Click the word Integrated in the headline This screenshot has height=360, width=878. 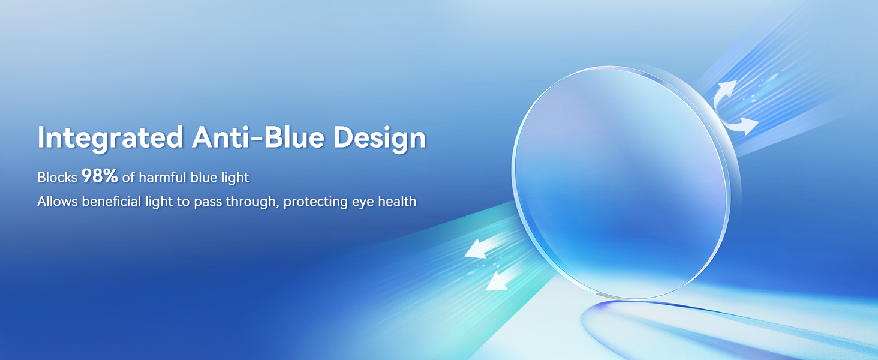110,138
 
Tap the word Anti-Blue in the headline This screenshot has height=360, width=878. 258,137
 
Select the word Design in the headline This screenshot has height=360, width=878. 380,138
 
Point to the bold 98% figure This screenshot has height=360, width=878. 100,176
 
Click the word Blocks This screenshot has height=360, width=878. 57,177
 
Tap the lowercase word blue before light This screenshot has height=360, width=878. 204,177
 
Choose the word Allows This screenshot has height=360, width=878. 57,201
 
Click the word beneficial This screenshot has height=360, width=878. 112,201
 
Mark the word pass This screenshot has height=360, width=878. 208,202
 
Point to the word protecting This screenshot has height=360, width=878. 315,202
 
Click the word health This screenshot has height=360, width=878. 397,201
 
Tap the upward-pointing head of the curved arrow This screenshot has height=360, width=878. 728,88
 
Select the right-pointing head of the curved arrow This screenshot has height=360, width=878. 749,125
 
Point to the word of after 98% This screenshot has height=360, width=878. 128,177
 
